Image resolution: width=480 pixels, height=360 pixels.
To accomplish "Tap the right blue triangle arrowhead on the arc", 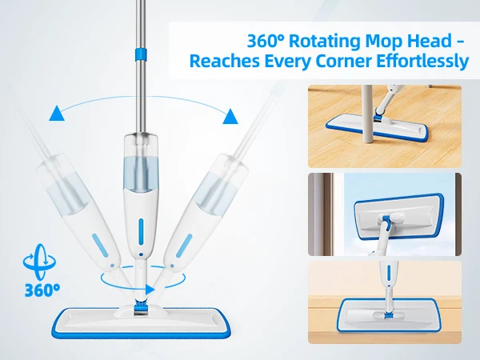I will (230, 116).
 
